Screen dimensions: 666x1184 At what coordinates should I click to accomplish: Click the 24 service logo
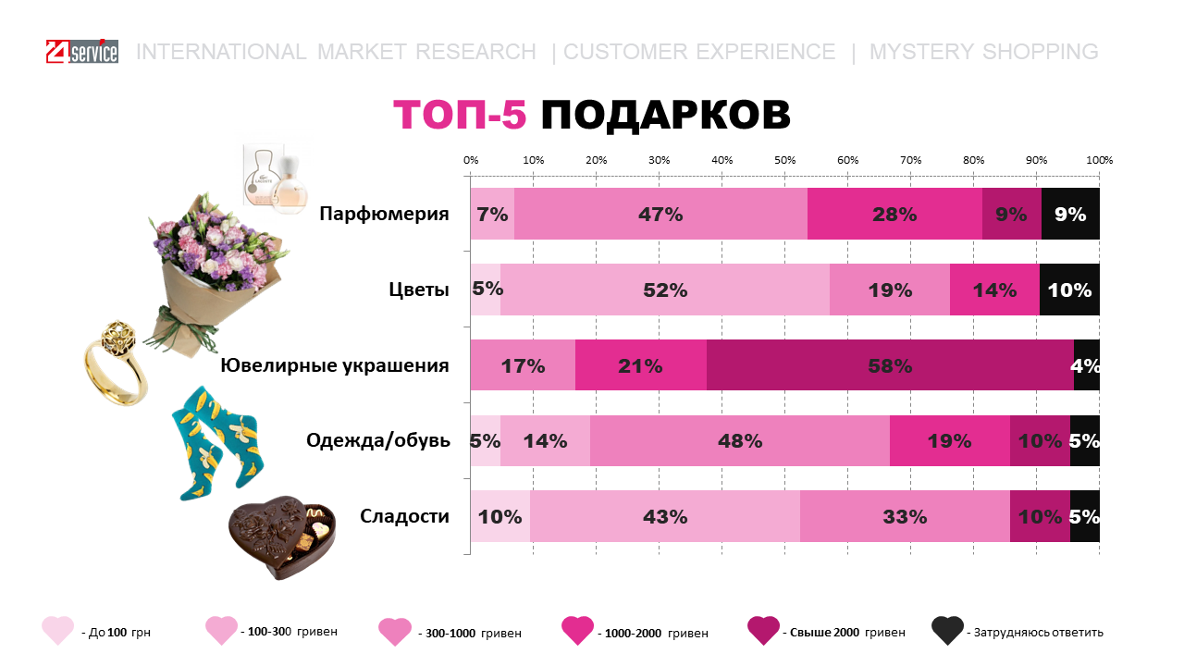(81, 52)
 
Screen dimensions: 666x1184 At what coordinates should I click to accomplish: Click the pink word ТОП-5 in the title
(460, 116)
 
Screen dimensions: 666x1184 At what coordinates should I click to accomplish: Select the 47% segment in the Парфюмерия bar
(660, 215)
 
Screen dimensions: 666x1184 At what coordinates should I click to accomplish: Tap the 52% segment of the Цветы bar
(665, 290)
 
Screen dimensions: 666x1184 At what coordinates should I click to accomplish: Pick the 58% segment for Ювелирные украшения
(890, 365)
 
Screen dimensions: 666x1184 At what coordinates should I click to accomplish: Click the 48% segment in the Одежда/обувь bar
(740, 441)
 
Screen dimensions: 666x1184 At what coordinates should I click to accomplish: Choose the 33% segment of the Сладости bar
(905, 517)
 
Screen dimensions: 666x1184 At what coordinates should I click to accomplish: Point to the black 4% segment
(1087, 365)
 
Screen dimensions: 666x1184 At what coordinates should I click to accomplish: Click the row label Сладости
(405, 516)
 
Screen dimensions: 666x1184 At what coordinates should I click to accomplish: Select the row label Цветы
(419, 290)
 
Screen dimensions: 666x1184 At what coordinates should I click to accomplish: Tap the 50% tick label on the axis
(784, 160)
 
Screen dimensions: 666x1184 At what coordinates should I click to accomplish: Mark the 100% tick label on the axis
(1099, 160)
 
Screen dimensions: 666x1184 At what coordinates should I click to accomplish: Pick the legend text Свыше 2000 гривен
(846, 633)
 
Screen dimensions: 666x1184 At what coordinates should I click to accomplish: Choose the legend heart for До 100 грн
(57, 630)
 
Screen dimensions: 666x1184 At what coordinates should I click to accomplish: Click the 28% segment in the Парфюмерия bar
(894, 215)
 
